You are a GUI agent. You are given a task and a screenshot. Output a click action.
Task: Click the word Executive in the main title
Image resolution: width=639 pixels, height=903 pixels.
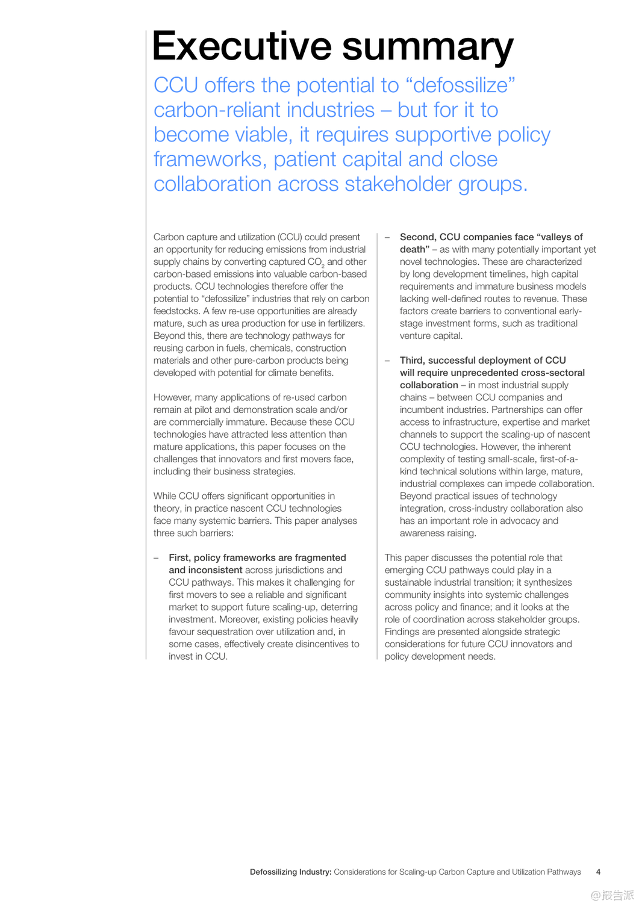[x=242, y=46]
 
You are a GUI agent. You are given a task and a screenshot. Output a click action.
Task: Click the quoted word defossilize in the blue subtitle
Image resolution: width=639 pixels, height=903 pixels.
[x=461, y=85]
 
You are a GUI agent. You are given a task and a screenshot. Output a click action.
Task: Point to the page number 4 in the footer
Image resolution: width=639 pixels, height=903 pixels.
[x=598, y=872]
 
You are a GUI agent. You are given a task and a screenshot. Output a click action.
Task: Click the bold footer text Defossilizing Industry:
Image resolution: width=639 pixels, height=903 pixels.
[x=290, y=872]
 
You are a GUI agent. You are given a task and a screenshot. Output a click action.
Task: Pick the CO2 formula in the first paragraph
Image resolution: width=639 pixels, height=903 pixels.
[x=316, y=262]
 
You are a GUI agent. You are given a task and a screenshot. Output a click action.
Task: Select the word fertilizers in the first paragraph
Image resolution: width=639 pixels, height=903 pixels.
[x=346, y=323]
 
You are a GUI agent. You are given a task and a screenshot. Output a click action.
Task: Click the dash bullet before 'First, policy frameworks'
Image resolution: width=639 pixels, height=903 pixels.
[x=157, y=558]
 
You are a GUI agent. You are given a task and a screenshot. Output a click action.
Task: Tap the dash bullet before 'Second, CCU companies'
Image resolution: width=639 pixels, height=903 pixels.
[x=388, y=237]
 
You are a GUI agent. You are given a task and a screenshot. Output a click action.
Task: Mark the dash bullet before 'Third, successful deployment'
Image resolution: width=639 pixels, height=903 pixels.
[x=388, y=361]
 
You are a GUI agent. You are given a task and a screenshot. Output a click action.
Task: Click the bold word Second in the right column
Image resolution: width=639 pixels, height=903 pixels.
[x=417, y=237]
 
